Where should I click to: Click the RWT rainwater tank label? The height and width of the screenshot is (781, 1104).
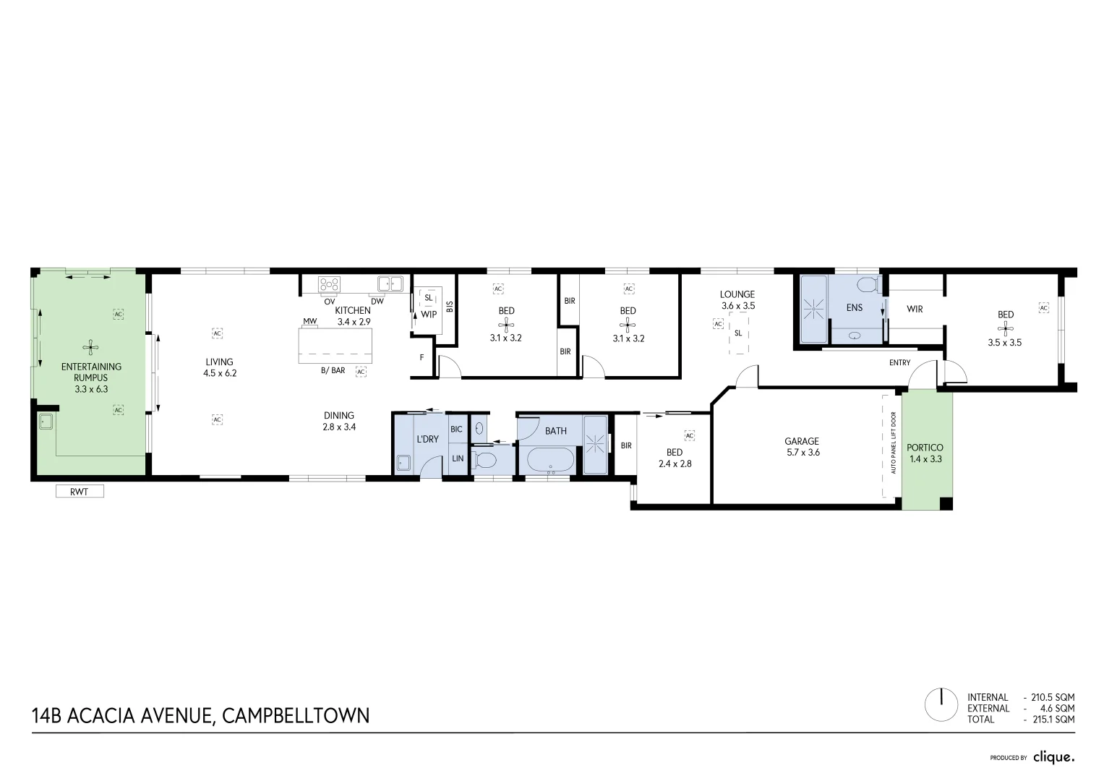click(x=80, y=492)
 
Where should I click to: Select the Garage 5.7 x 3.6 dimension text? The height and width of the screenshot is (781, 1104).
click(x=802, y=453)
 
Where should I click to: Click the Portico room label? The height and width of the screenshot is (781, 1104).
click(x=925, y=448)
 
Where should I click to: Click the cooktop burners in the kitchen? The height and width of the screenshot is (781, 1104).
click(x=330, y=283)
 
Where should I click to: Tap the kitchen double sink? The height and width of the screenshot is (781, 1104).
click(x=390, y=283)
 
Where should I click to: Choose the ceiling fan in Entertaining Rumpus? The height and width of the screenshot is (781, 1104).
click(x=90, y=347)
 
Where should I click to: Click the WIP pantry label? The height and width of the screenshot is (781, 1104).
click(x=429, y=315)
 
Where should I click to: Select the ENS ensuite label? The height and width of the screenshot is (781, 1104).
click(x=854, y=307)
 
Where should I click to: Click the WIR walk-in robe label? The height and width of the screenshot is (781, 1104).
click(x=915, y=310)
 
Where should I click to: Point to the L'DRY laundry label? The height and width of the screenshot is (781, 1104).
click(x=427, y=439)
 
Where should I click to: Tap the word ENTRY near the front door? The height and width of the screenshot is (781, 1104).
click(x=899, y=363)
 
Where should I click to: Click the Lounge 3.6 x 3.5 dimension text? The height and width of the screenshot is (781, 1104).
click(x=737, y=306)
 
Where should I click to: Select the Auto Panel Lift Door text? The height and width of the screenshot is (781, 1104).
click(x=894, y=443)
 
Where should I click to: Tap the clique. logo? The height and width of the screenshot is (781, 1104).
click(x=1053, y=757)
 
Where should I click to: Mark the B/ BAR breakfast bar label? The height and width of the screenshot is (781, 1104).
click(x=333, y=371)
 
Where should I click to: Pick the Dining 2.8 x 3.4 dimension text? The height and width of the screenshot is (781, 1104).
click(x=339, y=427)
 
